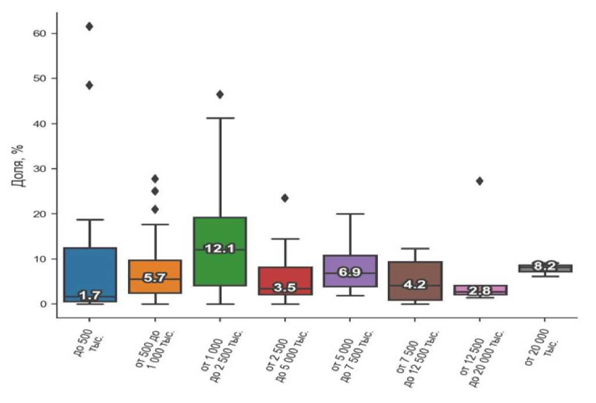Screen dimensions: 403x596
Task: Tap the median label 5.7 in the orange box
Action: (155, 278)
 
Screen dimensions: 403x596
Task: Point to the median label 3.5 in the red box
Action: (285, 288)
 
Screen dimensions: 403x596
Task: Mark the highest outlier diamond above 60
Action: (90, 26)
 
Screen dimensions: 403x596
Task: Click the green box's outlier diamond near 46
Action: (220, 94)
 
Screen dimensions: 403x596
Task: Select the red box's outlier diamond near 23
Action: (285, 198)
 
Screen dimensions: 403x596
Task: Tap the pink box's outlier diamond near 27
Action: (480, 181)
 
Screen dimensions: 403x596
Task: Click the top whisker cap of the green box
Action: (220, 118)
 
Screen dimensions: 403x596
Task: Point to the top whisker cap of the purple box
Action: (349, 213)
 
